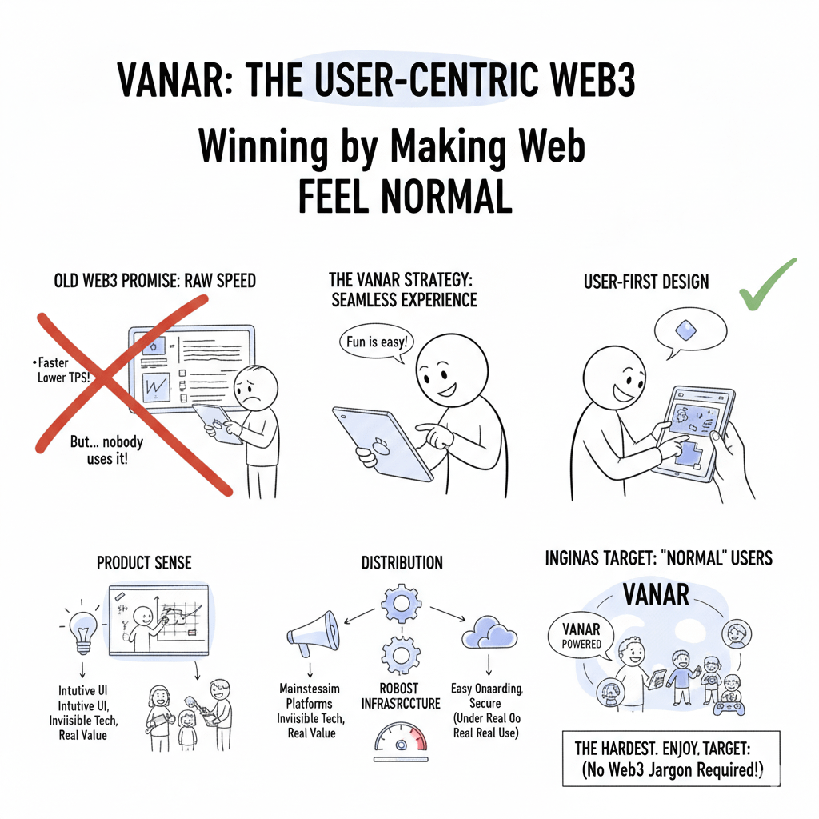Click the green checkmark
[x=766, y=286]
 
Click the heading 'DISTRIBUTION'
[x=401, y=563]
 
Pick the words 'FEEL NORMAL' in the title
[x=405, y=196]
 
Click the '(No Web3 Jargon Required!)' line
[x=673, y=770]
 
